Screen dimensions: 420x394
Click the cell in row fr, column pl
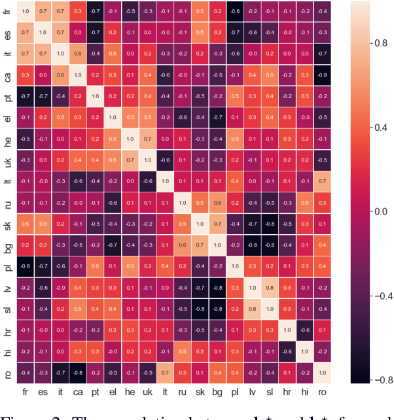(234, 11)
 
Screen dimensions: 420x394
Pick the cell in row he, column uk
(147, 139)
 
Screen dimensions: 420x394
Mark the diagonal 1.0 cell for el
(113, 118)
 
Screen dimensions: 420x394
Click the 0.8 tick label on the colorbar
(380, 42)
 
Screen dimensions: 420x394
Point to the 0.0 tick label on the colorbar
(380, 211)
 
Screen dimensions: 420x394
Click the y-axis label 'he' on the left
(7, 139)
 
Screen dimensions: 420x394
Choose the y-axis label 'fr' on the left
(7, 11)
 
